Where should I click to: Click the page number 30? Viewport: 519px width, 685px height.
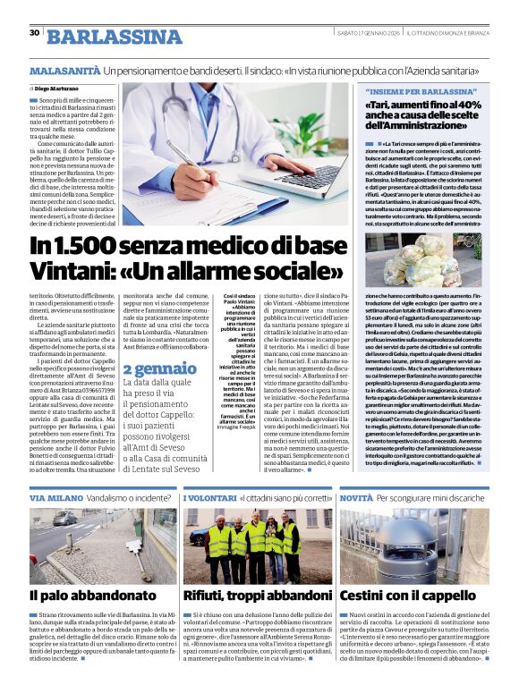(x=34, y=33)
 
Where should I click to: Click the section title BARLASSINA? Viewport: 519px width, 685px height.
(x=114, y=36)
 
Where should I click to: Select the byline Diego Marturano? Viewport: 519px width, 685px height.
(x=58, y=89)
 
